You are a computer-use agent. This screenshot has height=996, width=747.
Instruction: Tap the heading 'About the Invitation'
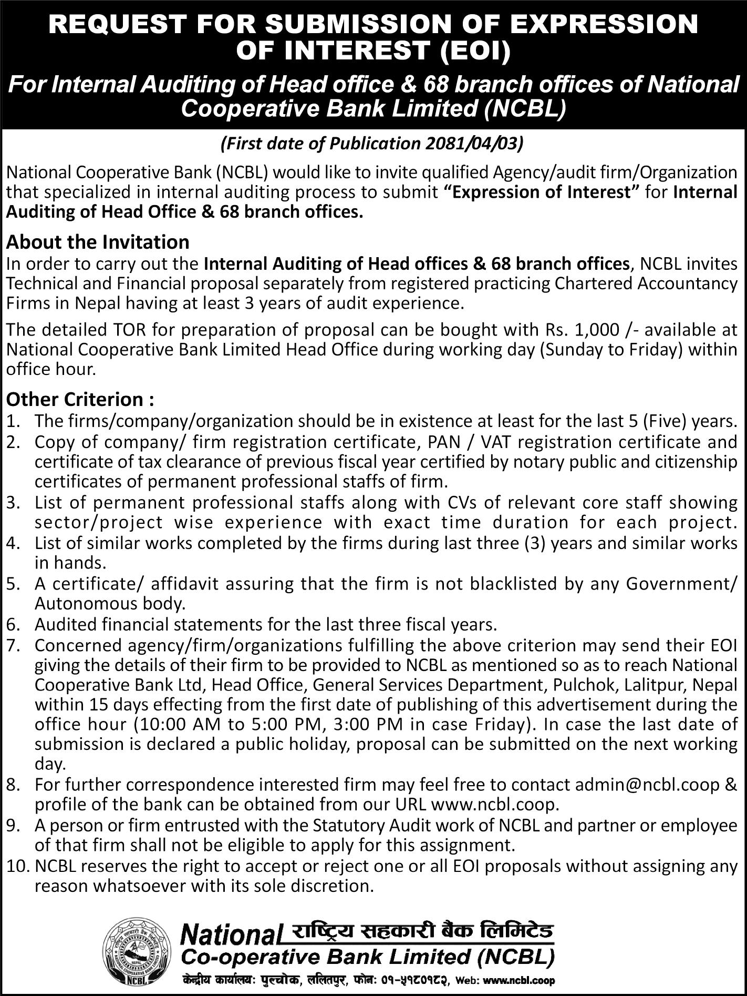point(98,242)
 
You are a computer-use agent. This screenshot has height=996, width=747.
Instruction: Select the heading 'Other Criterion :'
point(80,400)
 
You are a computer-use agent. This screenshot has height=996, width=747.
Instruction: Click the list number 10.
point(17,866)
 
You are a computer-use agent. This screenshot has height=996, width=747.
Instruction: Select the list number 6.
point(13,625)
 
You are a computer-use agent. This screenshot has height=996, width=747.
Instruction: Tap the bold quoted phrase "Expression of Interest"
point(541,192)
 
